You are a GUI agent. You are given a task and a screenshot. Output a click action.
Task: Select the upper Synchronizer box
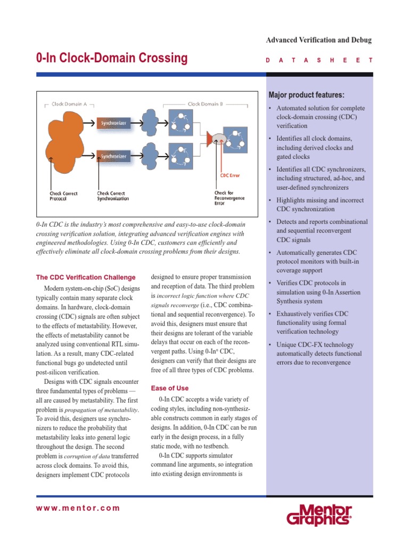pos(113,123)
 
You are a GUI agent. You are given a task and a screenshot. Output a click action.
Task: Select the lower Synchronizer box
pos(113,156)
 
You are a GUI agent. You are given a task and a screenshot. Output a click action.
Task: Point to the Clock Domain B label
pos(205,104)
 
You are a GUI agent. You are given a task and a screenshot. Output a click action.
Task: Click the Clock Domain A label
pos(69,104)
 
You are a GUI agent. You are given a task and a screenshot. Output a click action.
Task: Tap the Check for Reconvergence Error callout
pos(230,197)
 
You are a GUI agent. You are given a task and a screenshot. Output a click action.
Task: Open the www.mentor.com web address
pos(78,508)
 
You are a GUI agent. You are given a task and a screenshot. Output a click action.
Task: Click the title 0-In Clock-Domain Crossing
pos(112,58)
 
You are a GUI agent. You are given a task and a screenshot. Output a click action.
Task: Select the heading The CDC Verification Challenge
pos(85,277)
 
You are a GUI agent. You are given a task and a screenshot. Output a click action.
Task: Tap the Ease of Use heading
pos(170,388)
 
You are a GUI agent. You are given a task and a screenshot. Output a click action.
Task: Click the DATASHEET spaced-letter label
pos(319,61)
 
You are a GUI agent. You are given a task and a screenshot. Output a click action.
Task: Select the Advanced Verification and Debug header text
pos(318,41)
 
